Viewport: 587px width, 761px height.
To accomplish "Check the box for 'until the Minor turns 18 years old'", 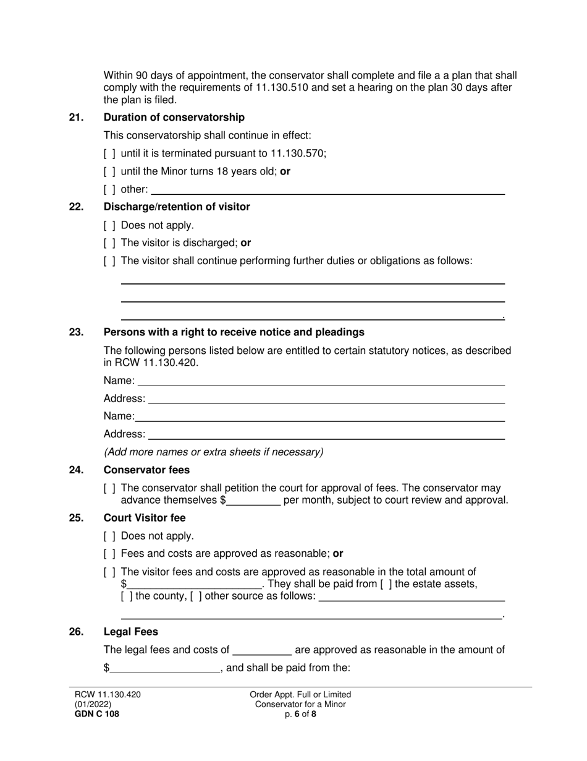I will click(109, 171).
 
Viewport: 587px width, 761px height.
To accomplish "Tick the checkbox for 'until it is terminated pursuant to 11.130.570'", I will click(109, 153).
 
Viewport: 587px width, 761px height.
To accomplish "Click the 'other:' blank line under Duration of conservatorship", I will click(327, 190).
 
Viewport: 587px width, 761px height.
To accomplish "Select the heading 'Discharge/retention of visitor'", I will click(177, 207).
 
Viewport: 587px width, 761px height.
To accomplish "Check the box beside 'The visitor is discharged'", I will click(109, 243).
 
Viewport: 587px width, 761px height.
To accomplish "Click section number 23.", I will click(76, 332).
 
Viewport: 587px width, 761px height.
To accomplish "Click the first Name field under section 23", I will click(321, 381).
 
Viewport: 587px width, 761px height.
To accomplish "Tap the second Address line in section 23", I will click(326, 434).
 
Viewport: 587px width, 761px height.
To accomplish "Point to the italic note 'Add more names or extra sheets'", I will click(213, 452).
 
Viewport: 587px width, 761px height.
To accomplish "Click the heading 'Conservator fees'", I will click(146, 470).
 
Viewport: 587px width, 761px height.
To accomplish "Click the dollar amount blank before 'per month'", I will click(253, 501).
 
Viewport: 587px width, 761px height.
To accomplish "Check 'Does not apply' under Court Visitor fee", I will click(109, 536).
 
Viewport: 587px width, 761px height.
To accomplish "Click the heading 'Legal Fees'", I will click(130, 632).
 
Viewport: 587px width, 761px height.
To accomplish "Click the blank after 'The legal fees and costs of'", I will click(261, 650).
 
